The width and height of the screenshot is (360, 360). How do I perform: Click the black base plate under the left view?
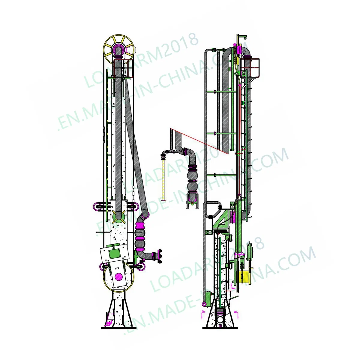tap(118, 328)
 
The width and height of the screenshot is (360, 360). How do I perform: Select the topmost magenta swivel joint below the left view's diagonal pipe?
tap(140, 225)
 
